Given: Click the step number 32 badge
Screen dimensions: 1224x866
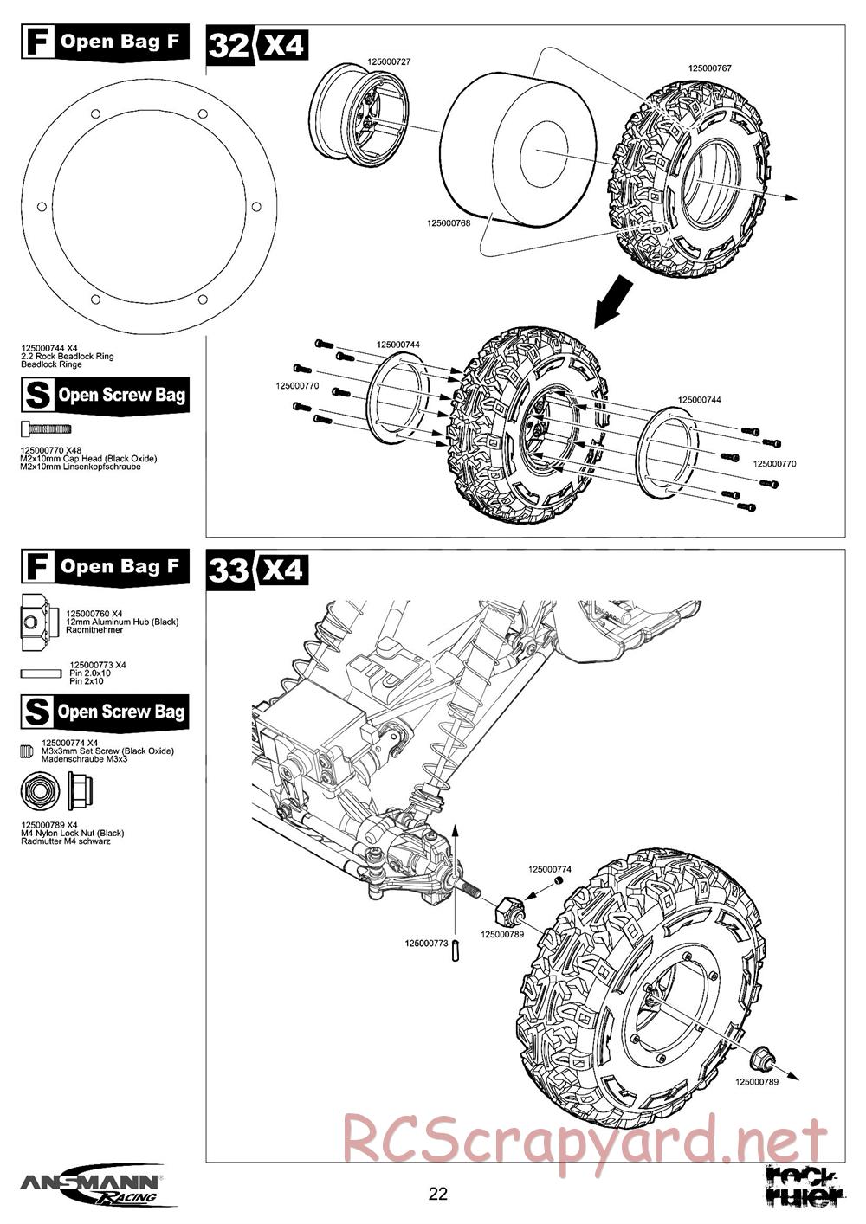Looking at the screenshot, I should pos(229,45).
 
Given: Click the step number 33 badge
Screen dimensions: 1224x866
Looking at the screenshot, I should pos(229,570).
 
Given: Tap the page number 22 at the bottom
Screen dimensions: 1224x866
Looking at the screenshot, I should pos(438,1195).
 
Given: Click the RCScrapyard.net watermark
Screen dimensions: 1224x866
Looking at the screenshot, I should pos(585,1138).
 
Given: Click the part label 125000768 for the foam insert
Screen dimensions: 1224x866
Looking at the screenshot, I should pos(449,223).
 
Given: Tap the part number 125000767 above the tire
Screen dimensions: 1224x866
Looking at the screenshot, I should pos(710,68).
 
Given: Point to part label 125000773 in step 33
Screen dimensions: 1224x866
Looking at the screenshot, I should pos(426,942).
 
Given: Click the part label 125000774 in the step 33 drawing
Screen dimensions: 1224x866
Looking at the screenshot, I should pos(550,868).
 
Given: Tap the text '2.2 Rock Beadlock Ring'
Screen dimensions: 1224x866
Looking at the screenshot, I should pos(68,357).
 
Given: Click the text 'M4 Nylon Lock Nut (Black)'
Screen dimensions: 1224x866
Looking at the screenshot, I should pos(73,833).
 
